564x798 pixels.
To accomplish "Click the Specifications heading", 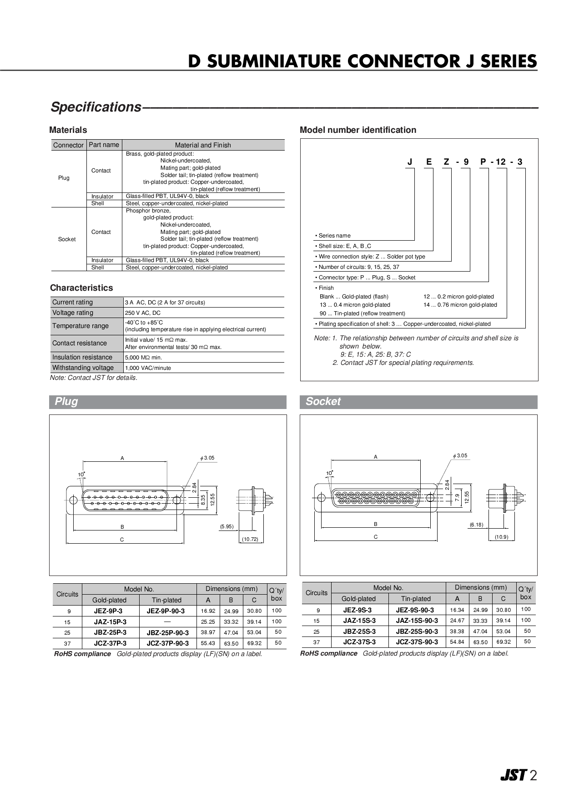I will pyautogui.click(x=96, y=107).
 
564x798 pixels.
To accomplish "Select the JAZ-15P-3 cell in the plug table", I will pyautogui.click(x=110, y=622).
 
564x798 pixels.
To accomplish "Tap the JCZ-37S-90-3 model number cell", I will pyautogui.click(x=417, y=642).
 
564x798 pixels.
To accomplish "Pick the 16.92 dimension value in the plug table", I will pyautogui.click(x=208, y=611).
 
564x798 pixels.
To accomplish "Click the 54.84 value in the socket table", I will pyautogui.click(x=457, y=642).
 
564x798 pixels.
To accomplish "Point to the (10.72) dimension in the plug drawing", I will pyautogui.click(x=250, y=539).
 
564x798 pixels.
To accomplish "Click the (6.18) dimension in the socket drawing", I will pyautogui.click(x=476, y=525).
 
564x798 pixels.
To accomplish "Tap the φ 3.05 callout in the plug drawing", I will pyautogui.click(x=207, y=458).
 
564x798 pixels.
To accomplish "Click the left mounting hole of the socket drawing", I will pyautogui.click(x=321, y=498).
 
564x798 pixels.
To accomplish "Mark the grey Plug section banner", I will pyautogui.click(x=168, y=402).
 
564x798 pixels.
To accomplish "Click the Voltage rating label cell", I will pyautogui.click(x=86, y=313).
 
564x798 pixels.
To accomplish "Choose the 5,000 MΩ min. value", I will pyautogui.click(x=144, y=358).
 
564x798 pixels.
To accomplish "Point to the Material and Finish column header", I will pyautogui.click(x=203, y=145).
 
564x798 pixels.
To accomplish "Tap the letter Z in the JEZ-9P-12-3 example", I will pyautogui.click(x=447, y=162).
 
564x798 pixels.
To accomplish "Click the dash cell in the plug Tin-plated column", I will pyautogui.click(x=167, y=621).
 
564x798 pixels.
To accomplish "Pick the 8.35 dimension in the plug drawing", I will pyautogui.click(x=203, y=499).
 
